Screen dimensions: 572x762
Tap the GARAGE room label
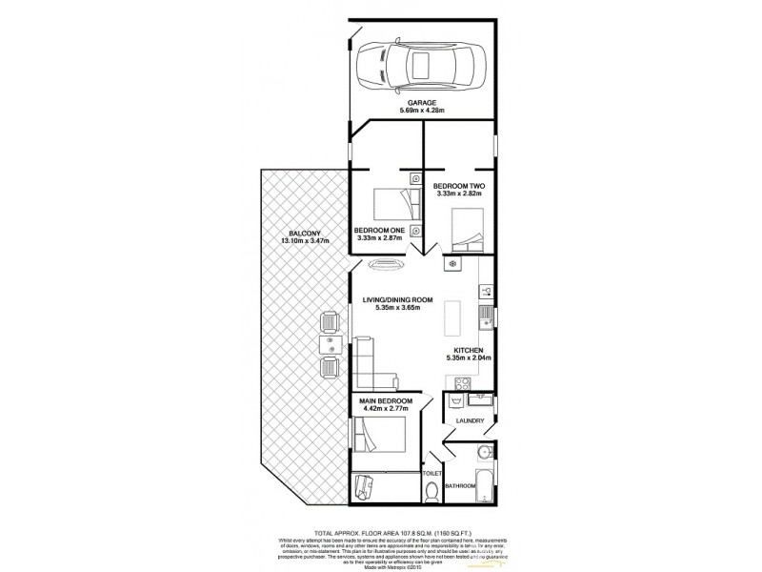pyautogui.click(x=423, y=102)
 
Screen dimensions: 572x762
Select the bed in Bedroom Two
pyautogui.click(x=467, y=230)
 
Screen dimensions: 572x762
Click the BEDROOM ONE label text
pyautogui.click(x=380, y=230)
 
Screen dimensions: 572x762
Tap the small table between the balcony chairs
pyautogui.click(x=329, y=340)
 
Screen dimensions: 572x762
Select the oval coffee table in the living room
pyautogui.click(x=385, y=267)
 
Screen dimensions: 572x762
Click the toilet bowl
pyautogui.click(x=432, y=491)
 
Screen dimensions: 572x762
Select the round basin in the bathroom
pyautogui.click(x=483, y=453)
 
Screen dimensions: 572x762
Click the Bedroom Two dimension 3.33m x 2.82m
pyautogui.click(x=459, y=194)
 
